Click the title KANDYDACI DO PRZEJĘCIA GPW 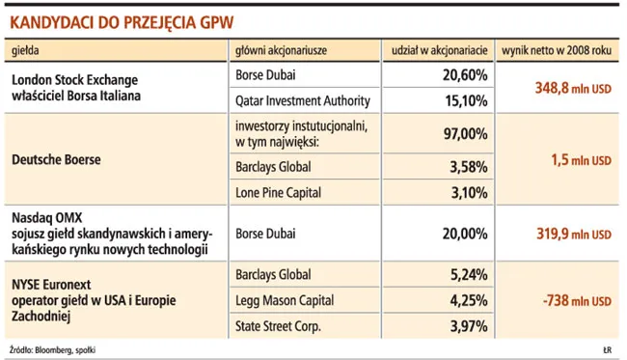(x=122, y=22)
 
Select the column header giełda (x=25, y=50)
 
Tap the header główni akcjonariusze (x=281, y=50)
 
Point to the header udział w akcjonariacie (x=440, y=50)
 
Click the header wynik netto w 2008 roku (x=557, y=50)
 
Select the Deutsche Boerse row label (x=56, y=159)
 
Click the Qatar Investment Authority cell (x=303, y=100)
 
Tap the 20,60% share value (x=465, y=75)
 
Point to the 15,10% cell (x=466, y=100)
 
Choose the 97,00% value (x=466, y=133)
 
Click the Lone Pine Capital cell (x=279, y=193)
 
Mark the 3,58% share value (x=469, y=167)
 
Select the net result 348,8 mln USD (x=573, y=88)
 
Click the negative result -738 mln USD (x=577, y=301)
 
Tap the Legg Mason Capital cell (x=285, y=301)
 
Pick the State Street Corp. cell (x=278, y=326)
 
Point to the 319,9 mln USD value (x=574, y=234)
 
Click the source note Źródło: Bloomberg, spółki (x=52, y=350)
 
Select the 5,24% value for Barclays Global (x=469, y=275)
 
